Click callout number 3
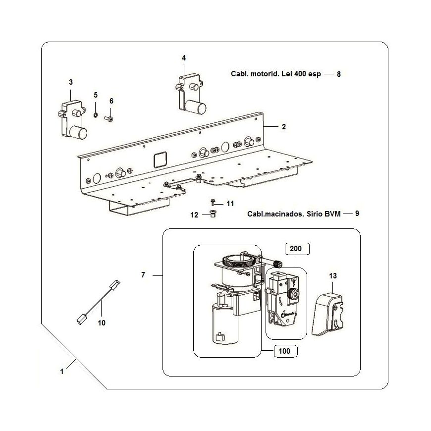71,82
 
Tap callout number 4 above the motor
184,58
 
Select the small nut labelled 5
96,114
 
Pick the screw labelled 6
108,119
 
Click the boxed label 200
296,249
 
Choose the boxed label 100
284,351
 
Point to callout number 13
332,276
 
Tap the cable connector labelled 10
99,302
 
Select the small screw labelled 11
213,203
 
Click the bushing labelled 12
213,214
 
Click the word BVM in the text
332,214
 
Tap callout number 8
339,74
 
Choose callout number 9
357,214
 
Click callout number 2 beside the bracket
284,127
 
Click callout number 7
143,275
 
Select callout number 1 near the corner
62,372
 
